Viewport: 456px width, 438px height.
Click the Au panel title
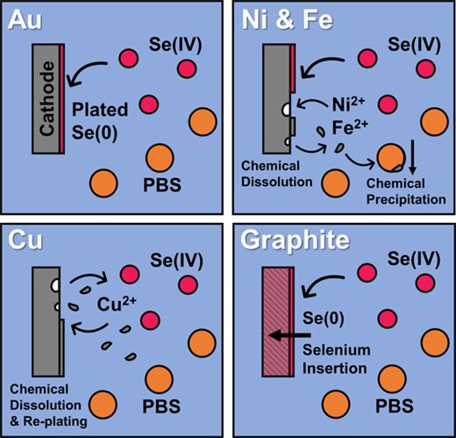point(25,20)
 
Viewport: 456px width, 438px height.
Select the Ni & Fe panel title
point(288,20)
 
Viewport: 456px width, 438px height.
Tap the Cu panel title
point(25,241)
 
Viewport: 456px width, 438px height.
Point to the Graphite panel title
point(296,241)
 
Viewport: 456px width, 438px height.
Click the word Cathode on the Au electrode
point(47,98)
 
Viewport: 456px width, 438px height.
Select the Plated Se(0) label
point(100,121)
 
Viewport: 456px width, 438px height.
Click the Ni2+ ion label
point(348,104)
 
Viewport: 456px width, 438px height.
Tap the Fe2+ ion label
point(350,127)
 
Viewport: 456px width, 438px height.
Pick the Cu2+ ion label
point(117,305)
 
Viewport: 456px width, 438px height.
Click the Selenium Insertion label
point(337,359)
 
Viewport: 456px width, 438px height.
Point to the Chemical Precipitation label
point(406,191)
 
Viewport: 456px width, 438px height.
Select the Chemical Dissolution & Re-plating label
point(48,406)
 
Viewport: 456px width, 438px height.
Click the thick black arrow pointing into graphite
point(289,335)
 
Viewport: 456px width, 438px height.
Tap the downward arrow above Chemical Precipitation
point(412,157)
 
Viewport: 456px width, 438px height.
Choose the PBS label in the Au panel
point(162,185)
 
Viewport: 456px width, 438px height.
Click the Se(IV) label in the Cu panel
point(176,261)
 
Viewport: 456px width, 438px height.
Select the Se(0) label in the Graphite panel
point(323,319)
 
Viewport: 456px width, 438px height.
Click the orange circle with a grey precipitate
point(391,158)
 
